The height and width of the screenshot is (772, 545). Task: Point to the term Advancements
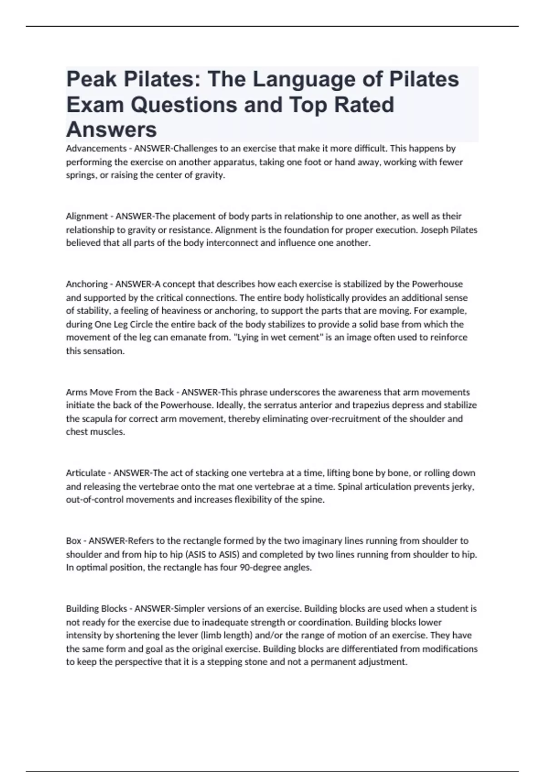[x=96, y=148]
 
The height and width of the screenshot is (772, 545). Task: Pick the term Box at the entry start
[x=74, y=541]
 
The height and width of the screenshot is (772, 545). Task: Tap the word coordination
[x=326, y=622]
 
